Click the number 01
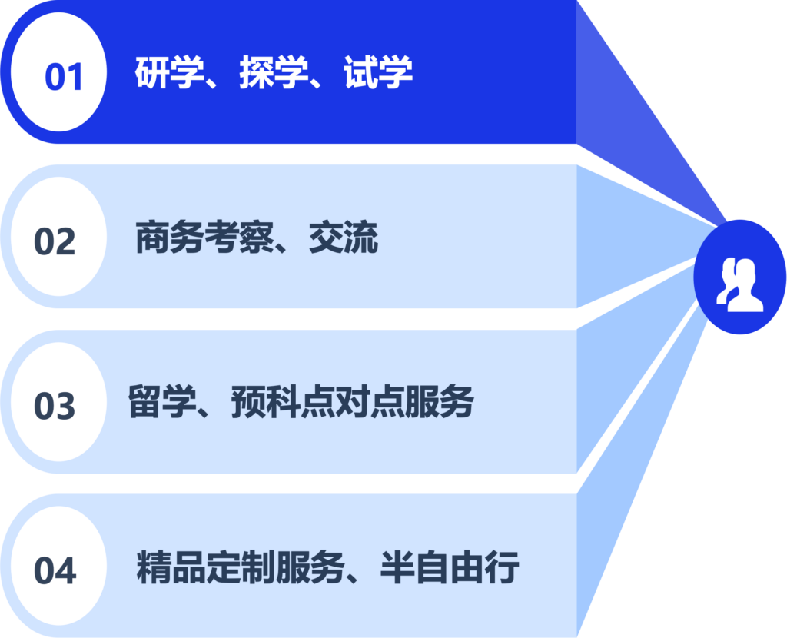(63, 77)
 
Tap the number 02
(55, 241)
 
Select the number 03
(55, 406)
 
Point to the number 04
(55, 570)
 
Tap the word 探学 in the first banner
(274, 71)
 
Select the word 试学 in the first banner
(378, 71)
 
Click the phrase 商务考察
(204, 237)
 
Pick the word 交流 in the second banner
(344, 237)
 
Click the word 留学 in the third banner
(162, 401)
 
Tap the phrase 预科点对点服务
(352, 401)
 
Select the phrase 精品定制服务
(241, 567)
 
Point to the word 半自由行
(450, 567)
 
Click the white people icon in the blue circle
(740, 284)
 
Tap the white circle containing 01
(58, 71)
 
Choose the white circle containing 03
(58, 401)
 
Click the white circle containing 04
(58, 566)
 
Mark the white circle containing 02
(58, 237)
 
